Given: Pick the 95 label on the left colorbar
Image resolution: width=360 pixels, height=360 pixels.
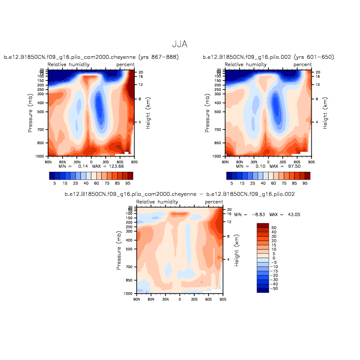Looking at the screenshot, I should (x=128, y=182).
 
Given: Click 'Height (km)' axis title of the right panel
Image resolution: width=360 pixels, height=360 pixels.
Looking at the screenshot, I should (x=325, y=114).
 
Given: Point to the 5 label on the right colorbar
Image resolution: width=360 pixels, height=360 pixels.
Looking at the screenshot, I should (x=231, y=182).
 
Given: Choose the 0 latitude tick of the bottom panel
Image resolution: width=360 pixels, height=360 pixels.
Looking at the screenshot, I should (x=179, y=299).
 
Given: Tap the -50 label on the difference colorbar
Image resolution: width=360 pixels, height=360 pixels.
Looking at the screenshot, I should (x=274, y=288).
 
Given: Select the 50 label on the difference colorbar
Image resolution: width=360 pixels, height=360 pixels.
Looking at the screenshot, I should (x=274, y=226).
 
